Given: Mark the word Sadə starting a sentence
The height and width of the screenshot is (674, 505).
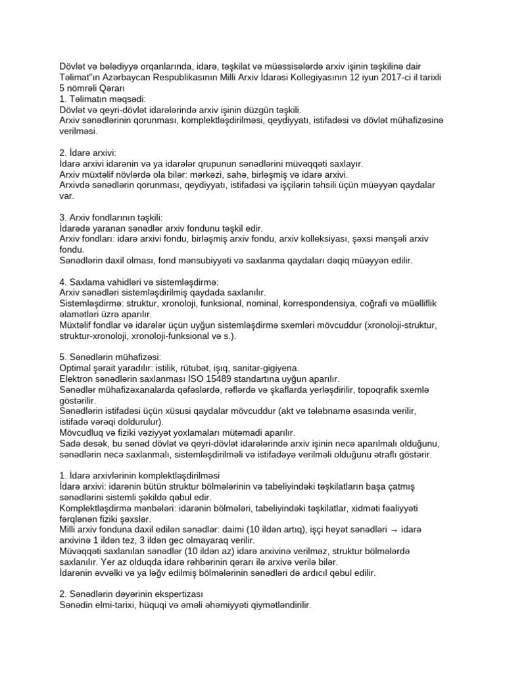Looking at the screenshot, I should (x=72, y=444).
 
